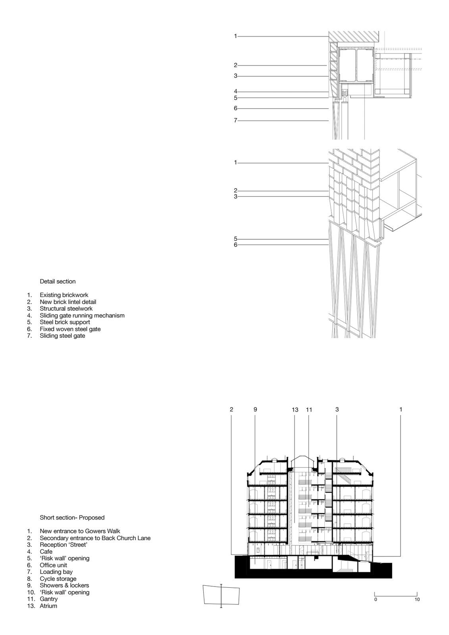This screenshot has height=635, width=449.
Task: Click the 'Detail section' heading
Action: click(58, 281)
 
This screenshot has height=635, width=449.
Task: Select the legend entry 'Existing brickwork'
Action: click(64, 295)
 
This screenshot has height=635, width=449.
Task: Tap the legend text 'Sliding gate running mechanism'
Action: click(82, 316)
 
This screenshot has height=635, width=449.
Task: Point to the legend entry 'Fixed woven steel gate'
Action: click(70, 329)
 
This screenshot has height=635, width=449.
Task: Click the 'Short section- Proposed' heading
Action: click(72, 518)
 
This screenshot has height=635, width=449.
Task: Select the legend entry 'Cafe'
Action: click(46, 552)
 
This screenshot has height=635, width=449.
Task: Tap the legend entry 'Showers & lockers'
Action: click(64, 585)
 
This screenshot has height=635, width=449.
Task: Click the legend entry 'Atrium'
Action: click(48, 606)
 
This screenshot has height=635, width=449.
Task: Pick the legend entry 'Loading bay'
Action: click(56, 572)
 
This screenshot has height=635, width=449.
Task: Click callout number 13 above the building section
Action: click(295, 410)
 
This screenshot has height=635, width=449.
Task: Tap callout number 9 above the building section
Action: click(255, 409)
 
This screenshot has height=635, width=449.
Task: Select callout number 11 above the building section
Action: click(309, 410)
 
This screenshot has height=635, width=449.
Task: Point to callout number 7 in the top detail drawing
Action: click(235, 120)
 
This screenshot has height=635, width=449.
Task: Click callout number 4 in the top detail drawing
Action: click(235, 92)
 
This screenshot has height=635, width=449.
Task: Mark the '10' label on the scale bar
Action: click(417, 599)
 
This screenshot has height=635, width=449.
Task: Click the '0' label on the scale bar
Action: click(376, 599)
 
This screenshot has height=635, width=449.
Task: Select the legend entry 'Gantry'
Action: click(48, 599)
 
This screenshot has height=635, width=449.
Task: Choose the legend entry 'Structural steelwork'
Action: click(66, 309)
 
